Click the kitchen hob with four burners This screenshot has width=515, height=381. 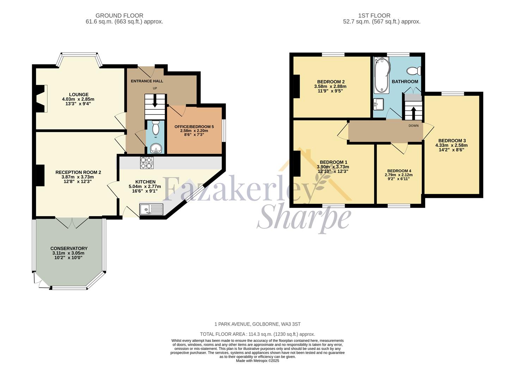[147, 163]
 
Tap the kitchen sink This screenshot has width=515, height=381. [151, 209]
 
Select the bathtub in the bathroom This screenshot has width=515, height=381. [382, 75]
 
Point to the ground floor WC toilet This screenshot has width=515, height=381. [156, 128]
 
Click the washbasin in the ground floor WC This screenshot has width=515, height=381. [155, 149]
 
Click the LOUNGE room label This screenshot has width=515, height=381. [79, 94]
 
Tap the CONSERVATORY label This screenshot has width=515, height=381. [69, 248]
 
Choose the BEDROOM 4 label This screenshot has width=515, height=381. [399, 171]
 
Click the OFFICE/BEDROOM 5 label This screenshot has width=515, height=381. [194, 126]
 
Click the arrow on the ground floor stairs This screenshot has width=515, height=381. [154, 101]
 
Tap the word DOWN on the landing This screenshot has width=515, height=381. [413, 126]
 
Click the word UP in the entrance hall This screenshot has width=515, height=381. [154, 88]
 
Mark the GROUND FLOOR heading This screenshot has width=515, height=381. [119, 16]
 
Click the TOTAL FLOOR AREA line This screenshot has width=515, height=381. [257, 334]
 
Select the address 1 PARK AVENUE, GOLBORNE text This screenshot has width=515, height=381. [257, 324]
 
